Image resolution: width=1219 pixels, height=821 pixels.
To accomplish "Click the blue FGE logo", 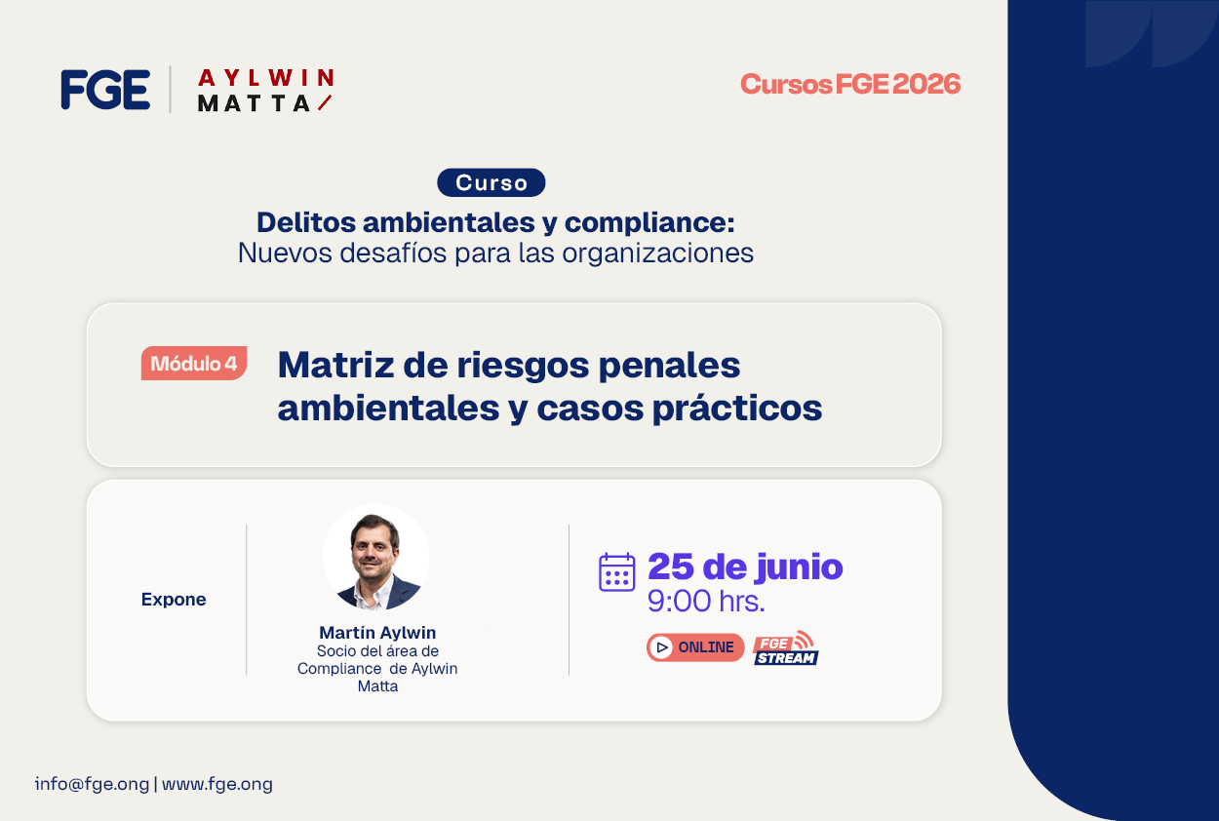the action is point(105,90).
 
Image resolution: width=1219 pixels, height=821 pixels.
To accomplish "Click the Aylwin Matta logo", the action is point(265,91).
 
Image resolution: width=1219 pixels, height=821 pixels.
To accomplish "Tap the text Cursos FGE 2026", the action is point(850,84).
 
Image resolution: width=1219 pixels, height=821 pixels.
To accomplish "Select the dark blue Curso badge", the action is point(491,182).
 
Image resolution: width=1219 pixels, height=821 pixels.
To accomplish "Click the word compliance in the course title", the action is point(649,222).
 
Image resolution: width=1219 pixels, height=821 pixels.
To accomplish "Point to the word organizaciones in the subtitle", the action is point(658,253).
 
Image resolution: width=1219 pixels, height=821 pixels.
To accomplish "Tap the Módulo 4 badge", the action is point(194,363).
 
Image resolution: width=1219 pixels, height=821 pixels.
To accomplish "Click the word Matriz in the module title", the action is point(335,364).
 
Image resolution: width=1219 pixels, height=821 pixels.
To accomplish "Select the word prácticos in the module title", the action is point(737,409).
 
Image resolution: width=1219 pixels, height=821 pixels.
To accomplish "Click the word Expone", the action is point(174,599).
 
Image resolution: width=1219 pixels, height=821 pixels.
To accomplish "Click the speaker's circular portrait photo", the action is point(376,557).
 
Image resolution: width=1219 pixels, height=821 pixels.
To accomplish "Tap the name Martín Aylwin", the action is point(377,632).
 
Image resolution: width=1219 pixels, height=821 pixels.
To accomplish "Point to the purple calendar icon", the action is point(616,571).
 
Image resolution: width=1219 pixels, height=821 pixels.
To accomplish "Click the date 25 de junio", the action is point(745,567).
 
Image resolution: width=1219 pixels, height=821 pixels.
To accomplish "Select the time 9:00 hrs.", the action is point(706,601).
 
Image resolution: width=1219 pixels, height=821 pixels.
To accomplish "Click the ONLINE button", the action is point(695,646).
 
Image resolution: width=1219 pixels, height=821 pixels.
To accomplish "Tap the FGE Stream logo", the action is point(786,647).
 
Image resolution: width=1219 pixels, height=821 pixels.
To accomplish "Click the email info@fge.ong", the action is point(92,784).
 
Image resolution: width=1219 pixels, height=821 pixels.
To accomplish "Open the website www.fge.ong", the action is point(217,784).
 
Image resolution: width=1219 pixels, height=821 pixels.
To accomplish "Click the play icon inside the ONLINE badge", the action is point(662,647).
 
